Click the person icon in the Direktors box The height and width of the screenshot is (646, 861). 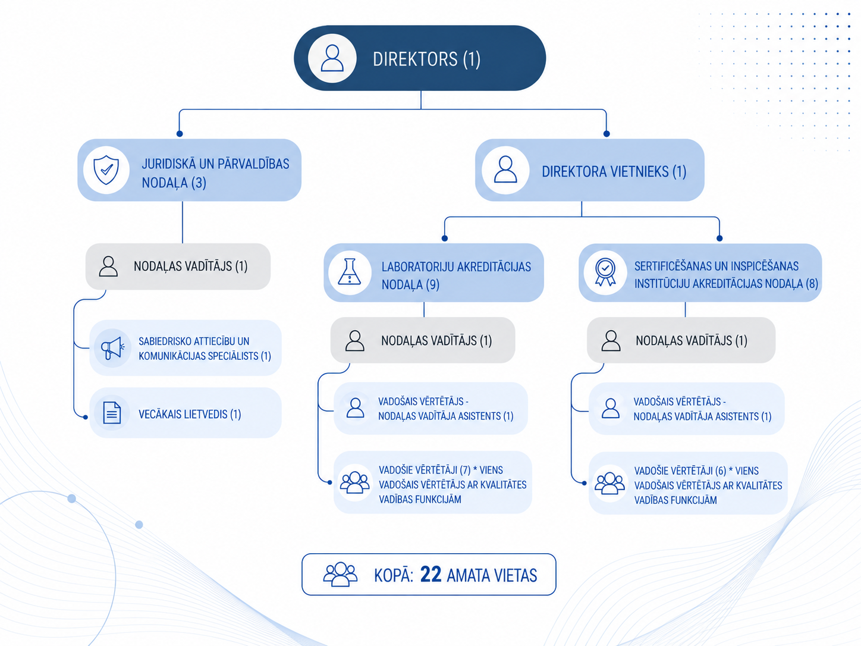[332, 58]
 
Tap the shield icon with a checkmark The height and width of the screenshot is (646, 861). [106, 170]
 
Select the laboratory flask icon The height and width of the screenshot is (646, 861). [349, 271]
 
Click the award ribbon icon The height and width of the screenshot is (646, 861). [605, 272]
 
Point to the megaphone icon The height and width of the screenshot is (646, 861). [112, 347]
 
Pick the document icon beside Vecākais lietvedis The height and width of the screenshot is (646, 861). [112, 413]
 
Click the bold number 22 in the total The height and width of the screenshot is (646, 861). [430, 575]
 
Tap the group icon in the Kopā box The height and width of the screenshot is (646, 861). [340, 574]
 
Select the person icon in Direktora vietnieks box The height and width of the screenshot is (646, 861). [505, 170]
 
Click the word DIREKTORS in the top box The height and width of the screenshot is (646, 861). [415, 59]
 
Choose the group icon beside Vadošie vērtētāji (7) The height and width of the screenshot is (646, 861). [354, 482]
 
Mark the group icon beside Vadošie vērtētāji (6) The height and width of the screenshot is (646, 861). [609, 483]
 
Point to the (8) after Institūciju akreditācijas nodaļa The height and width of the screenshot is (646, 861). [812, 284]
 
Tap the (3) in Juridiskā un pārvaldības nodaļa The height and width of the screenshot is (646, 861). [199, 183]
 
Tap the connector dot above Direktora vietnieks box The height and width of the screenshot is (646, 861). [607, 134]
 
